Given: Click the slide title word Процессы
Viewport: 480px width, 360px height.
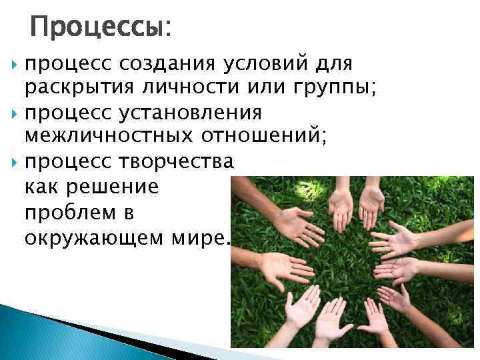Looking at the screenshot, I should tap(99, 27).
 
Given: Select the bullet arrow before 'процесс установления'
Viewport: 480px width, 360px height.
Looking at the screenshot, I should tap(16, 112).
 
